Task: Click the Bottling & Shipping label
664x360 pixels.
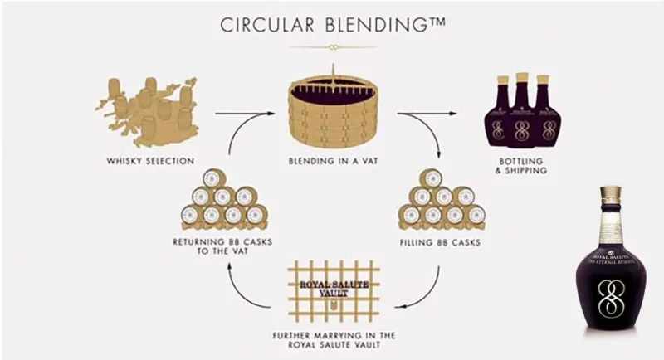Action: point(522,165)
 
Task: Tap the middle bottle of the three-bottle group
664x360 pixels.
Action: point(521,112)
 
